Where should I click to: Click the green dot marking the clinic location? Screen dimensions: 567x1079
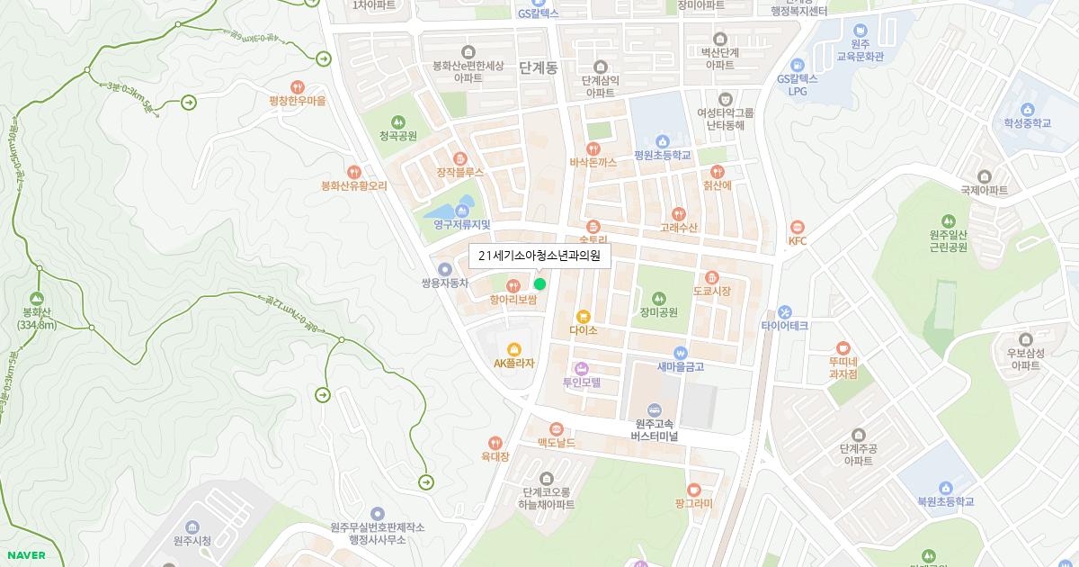tap(539, 283)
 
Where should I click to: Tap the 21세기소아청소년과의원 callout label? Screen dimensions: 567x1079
tap(539, 256)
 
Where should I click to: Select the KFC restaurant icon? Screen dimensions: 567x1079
tap(798, 227)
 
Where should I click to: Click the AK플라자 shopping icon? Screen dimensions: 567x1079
tap(514, 349)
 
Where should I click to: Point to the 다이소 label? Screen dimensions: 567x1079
tap(584, 330)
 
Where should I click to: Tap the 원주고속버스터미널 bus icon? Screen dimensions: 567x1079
tap(654, 409)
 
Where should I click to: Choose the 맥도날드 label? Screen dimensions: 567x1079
tap(557, 443)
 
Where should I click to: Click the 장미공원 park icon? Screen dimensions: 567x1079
tap(658, 298)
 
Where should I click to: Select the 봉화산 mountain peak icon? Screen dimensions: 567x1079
tap(36, 298)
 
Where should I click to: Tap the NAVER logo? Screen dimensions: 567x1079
tap(24, 555)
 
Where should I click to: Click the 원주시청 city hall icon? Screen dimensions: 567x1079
tap(192, 526)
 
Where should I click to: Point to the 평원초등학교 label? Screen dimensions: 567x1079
tap(663, 155)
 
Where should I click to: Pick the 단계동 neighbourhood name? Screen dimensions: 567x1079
tap(538, 67)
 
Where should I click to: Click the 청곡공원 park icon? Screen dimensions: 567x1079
tap(397, 121)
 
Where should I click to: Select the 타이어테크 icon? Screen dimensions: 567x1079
tap(785, 311)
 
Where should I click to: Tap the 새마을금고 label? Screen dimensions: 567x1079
tap(681, 366)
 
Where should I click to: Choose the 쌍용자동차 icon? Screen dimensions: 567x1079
tap(444, 268)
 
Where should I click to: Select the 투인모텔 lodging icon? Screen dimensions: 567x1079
tap(581, 368)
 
